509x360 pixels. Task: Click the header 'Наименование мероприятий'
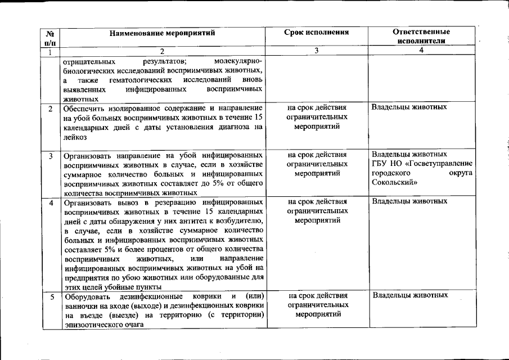(x=163, y=33)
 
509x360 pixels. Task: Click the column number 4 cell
(x=421, y=50)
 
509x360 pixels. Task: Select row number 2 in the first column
(x=50, y=107)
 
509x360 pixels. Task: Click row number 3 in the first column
(x=50, y=155)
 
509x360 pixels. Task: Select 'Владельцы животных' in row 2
(x=409, y=107)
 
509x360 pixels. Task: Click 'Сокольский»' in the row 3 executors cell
(x=394, y=182)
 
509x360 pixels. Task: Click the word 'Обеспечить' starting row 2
(x=83, y=107)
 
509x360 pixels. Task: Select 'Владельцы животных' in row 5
(x=409, y=295)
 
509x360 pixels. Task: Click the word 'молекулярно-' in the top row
(x=238, y=60)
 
